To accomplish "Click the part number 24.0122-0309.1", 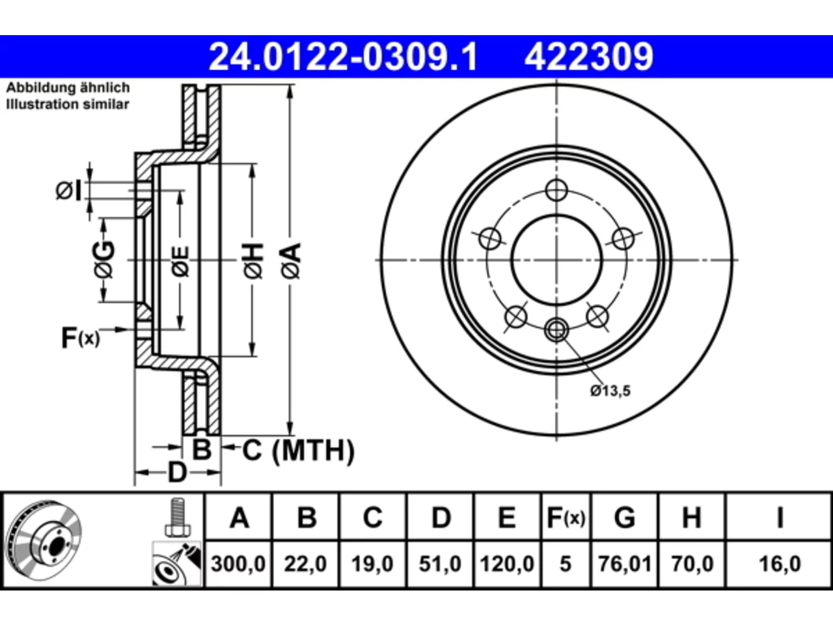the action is coord(343,57).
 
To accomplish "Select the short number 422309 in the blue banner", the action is coord(589,57).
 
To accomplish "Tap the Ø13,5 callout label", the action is coord(610,391).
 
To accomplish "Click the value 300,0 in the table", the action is coord(238,564).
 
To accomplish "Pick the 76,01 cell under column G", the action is coord(625,564).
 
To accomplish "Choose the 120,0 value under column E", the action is coord(507,564).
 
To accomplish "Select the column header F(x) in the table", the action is coord(566,518).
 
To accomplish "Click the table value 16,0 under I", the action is coord(780,564).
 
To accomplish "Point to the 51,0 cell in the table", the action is coord(440,564).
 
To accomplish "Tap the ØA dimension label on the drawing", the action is coord(292,262).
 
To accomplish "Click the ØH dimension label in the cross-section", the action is coord(254,262).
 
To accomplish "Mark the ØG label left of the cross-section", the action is coord(104,260).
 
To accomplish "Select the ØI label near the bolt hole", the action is coord(69,191).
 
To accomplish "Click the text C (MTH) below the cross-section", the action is coord(298,451).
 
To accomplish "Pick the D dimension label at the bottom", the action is coord(177,473).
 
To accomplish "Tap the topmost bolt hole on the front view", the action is coord(556,190).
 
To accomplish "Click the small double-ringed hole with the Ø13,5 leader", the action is coord(556,330).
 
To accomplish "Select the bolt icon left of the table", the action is coord(178,518).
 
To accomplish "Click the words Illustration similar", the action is coord(68,104).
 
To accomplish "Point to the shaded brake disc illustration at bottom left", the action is coord(44,540).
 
